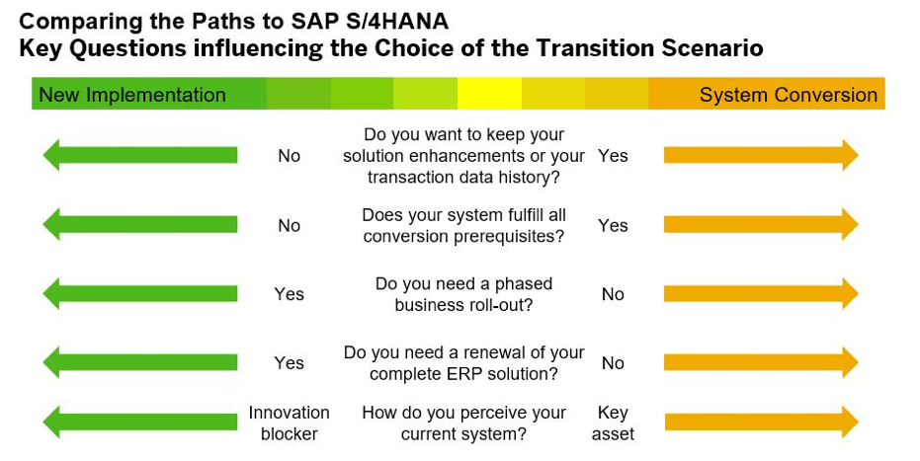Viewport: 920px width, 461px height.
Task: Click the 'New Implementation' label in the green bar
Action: tap(131, 95)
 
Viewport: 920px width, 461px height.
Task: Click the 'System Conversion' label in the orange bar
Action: tap(788, 95)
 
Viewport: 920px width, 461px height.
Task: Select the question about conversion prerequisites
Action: tap(463, 225)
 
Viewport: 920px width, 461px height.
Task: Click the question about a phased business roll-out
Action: tap(463, 294)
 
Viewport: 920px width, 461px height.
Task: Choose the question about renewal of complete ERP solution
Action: tap(463, 363)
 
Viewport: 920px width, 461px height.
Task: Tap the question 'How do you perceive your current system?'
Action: tap(463, 423)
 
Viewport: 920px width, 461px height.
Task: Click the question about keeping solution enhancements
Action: tap(463, 156)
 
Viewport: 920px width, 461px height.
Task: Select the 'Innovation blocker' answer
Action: tap(289, 423)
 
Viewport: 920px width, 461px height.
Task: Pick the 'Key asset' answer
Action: tap(613, 423)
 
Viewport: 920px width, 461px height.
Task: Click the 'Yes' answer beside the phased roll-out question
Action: tap(289, 294)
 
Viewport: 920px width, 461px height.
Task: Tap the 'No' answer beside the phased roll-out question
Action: tap(613, 294)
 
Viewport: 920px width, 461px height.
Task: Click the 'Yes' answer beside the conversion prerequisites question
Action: tap(613, 225)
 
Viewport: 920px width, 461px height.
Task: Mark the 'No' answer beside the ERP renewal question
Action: tap(613, 363)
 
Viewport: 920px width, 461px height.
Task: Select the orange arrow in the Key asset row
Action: tap(761, 423)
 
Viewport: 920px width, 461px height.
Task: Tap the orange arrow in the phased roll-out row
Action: tap(761, 293)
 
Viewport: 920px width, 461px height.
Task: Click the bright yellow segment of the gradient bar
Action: tap(489, 95)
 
